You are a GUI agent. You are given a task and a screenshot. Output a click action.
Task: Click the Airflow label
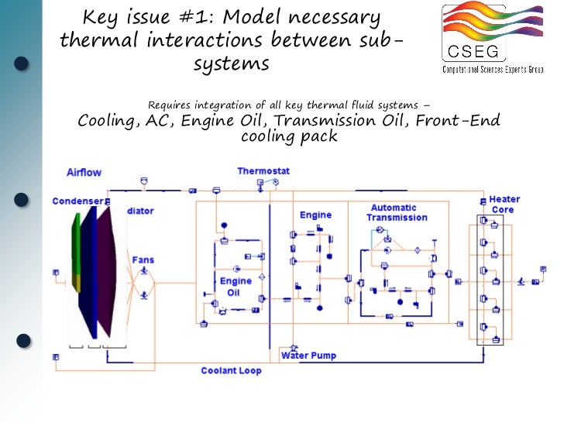[84, 172]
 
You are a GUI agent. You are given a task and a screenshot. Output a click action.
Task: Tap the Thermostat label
[263, 170]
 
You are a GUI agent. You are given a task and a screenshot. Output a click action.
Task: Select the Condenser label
[77, 201]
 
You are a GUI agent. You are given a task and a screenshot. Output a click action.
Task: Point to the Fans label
[143, 260]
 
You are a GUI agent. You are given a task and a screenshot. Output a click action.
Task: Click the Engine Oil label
[236, 287]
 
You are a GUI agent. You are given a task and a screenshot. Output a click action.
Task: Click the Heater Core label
[504, 205]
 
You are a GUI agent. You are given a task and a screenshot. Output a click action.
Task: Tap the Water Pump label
[308, 356]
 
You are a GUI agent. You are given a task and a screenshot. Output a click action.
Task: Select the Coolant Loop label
[231, 371]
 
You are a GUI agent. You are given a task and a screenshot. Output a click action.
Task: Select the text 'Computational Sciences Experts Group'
[493, 70]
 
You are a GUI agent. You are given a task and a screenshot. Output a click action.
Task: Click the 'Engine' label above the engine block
[315, 215]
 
